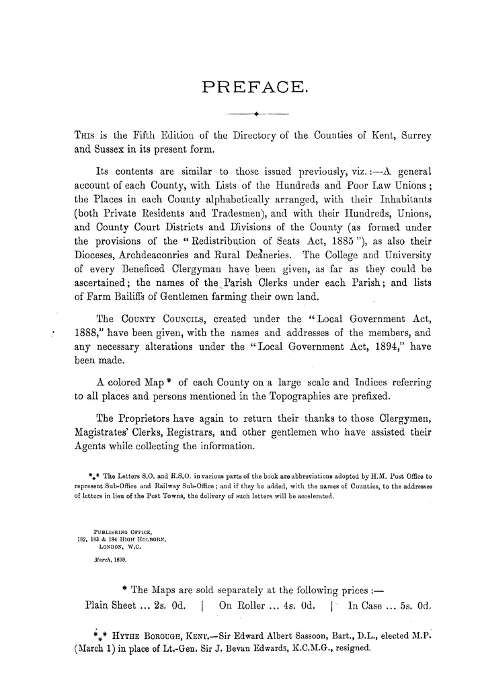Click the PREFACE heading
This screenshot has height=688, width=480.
255,86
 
